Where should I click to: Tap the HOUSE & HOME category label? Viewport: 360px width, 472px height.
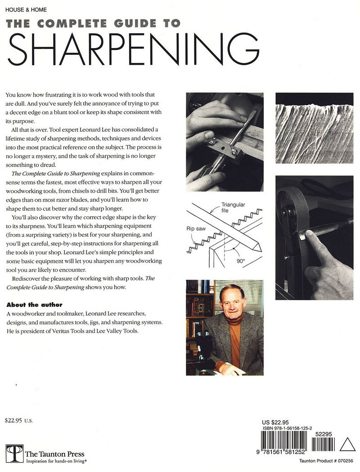(26, 9)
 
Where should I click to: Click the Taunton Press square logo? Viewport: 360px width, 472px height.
(14, 454)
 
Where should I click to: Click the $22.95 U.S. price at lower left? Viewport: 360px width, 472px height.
(19, 421)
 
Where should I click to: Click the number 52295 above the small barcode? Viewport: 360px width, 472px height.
(325, 435)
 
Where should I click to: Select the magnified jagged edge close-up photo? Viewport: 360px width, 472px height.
(314, 128)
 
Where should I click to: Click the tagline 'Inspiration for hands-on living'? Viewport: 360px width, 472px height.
(57, 461)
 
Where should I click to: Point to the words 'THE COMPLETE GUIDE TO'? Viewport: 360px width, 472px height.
(93, 23)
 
